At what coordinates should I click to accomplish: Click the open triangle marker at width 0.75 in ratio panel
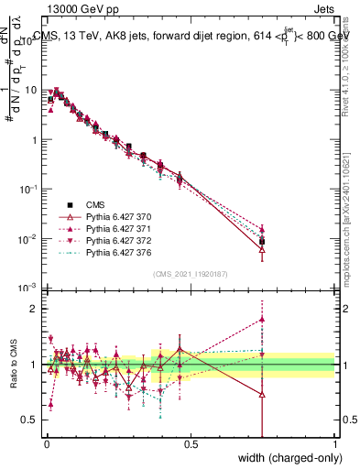(x=263, y=395)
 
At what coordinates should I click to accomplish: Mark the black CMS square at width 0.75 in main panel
(x=263, y=242)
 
